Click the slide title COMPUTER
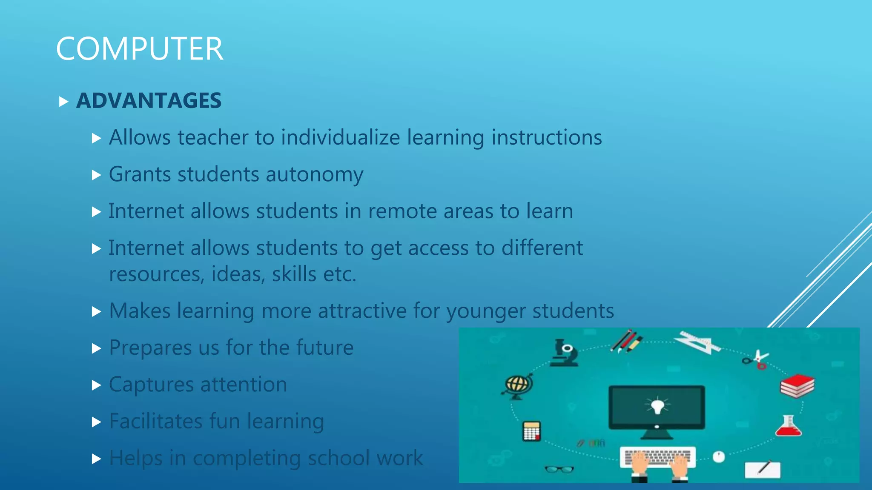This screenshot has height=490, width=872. click(139, 48)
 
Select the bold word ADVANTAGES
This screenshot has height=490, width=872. click(149, 101)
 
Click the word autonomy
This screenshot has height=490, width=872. click(315, 175)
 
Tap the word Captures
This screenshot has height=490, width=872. click(151, 385)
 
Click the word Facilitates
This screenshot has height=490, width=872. click(156, 421)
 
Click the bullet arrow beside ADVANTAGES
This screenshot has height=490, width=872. click(63, 102)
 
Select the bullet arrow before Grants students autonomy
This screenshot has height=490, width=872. click(96, 175)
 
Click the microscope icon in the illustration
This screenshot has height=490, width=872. click(565, 353)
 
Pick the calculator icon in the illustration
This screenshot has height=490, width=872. click(531, 431)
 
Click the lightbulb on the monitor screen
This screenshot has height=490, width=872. click(657, 405)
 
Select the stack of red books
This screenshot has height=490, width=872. click(797, 385)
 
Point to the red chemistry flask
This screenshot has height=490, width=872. click(788, 426)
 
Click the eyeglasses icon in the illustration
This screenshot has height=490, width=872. click(559, 469)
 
